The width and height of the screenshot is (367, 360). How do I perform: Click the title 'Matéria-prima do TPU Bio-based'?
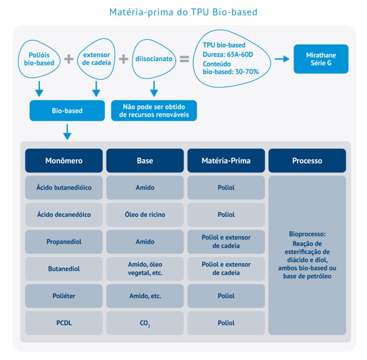183,12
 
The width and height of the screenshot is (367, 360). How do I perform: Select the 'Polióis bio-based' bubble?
39,59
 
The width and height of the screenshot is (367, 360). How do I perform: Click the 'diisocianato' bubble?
154,59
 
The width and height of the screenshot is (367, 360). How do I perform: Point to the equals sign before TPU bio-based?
184,59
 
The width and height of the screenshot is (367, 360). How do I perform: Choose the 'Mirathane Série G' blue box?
321,59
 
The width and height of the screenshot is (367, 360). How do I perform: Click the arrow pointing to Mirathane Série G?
282,59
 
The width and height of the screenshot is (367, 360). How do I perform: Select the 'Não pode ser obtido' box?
154,111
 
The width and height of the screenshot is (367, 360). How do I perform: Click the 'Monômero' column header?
64,161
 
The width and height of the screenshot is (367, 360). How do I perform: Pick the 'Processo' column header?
307,161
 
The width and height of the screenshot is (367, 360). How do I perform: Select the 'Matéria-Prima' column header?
226,161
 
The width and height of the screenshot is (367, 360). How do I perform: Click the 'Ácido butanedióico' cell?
64,188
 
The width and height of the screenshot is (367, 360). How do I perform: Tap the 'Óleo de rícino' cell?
145,215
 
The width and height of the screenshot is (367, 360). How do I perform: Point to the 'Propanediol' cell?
64,242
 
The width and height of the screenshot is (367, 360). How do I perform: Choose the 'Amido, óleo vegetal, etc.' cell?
145,269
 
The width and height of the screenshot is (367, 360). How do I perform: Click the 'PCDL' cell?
64,323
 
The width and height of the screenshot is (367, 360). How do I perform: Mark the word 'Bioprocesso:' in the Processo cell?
307,234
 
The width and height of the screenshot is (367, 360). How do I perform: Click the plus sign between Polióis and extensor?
68,59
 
